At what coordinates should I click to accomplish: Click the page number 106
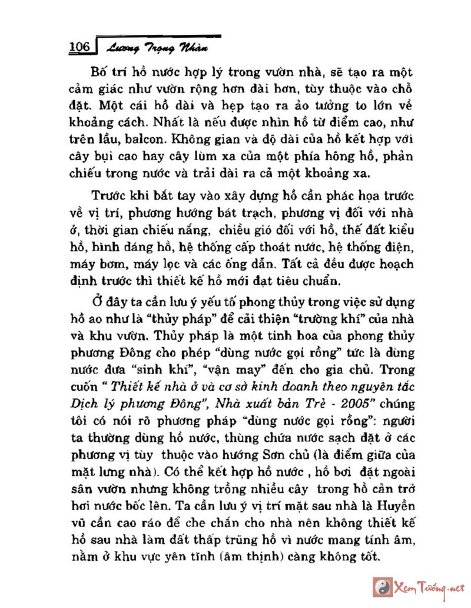78,47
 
